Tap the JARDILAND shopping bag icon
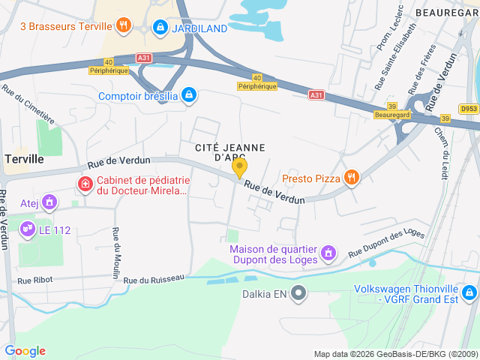159,27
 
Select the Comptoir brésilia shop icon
190,96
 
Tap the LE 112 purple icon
28,227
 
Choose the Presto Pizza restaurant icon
352,178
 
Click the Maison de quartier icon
328,254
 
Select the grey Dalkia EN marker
298,292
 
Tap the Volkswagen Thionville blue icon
469,292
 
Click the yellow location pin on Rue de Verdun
240,168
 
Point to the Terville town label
24,159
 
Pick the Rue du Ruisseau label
154,279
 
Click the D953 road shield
469,109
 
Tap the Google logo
25,351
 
